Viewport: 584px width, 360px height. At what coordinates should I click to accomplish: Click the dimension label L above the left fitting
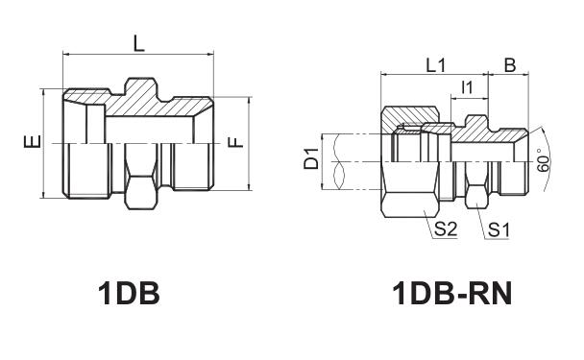138,44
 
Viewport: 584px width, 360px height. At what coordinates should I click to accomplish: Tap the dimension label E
32,142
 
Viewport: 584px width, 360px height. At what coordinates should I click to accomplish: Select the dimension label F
235,142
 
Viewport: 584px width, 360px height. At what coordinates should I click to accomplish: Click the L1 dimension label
435,66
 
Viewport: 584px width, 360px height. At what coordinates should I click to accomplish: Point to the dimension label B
509,65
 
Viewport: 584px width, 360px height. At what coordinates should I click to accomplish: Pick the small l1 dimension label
467,87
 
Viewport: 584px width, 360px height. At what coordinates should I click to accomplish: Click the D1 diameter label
311,158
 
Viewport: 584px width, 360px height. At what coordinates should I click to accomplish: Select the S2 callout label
446,228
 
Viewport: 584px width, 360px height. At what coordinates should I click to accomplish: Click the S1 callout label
499,229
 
